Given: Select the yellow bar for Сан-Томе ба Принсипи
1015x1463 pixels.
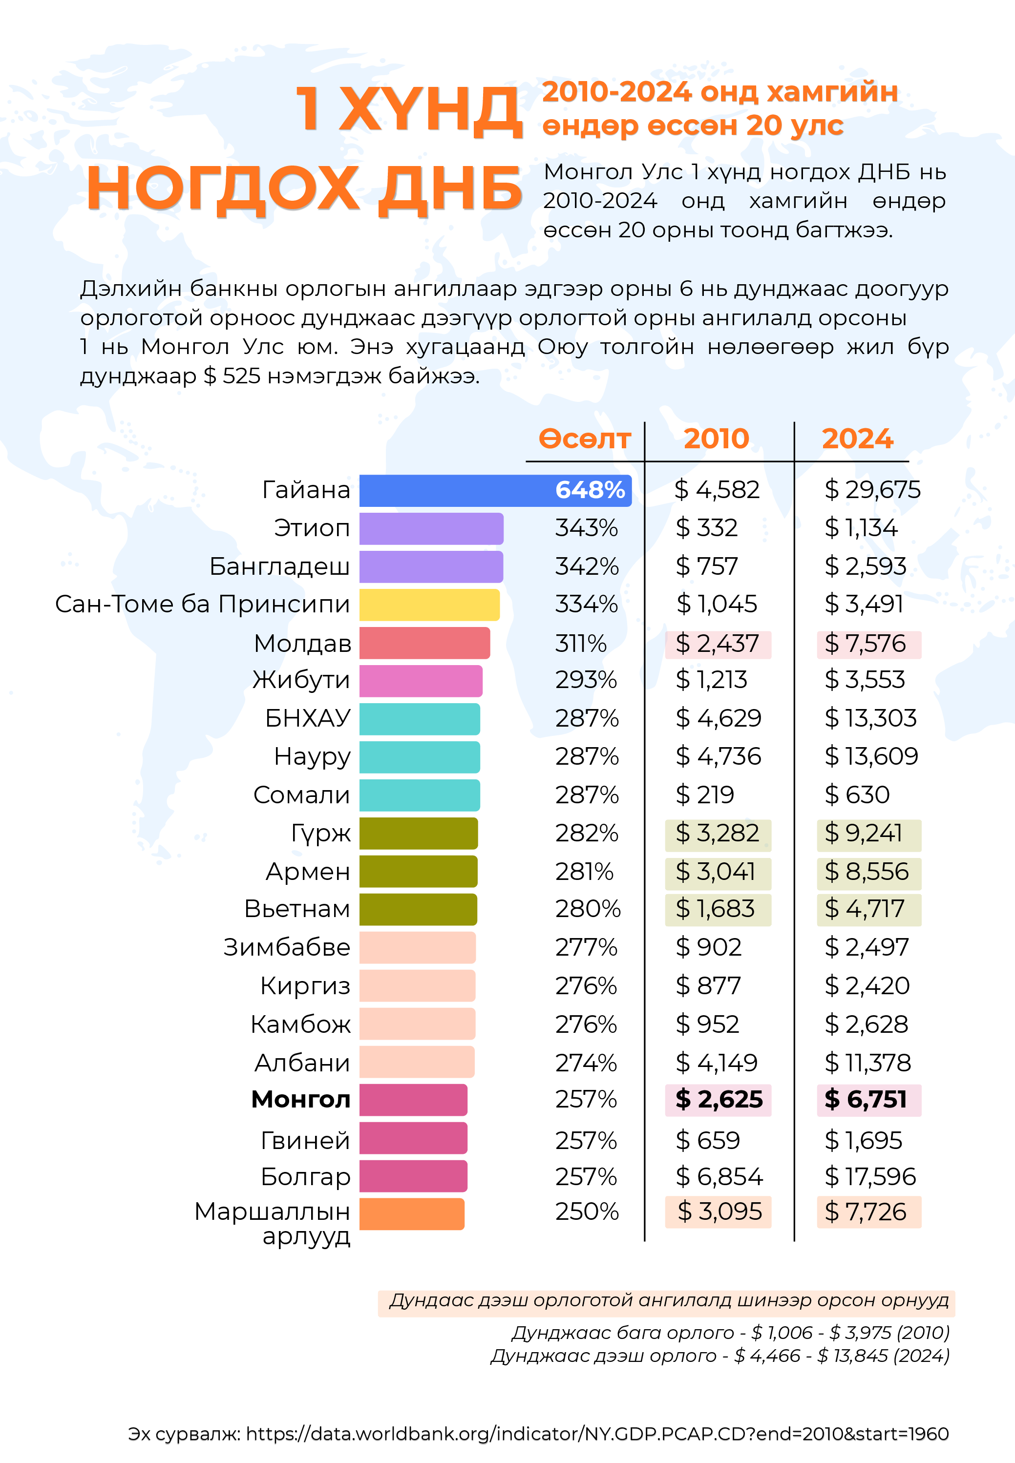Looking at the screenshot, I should click(429, 605).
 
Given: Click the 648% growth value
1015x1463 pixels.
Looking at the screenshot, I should click(590, 490).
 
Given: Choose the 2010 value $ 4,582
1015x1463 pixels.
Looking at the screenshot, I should click(717, 490).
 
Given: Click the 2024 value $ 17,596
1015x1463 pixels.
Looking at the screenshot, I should click(870, 1177).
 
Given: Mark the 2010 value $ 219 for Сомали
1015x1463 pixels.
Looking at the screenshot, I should click(705, 795).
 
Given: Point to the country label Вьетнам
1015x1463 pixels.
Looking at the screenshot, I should click(297, 909).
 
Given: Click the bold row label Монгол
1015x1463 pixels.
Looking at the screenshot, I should click(301, 1099).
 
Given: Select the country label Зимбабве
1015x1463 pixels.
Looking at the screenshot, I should click(287, 947).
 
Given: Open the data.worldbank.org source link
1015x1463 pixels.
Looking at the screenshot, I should click(597, 1434).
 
